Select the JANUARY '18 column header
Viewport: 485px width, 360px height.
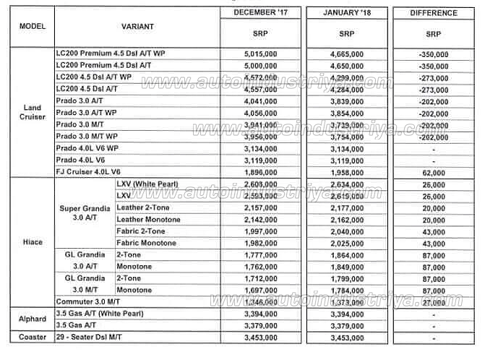click(346, 13)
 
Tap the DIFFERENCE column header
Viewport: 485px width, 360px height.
click(434, 13)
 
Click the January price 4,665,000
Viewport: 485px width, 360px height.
click(346, 53)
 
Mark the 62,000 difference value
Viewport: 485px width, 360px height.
click(434, 172)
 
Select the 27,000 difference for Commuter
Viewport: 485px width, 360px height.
click(434, 301)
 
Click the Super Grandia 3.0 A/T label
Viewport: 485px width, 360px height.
click(85, 213)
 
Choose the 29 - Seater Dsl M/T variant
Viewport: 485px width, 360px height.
click(94, 338)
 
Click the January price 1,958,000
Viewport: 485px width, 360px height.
click(346, 172)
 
